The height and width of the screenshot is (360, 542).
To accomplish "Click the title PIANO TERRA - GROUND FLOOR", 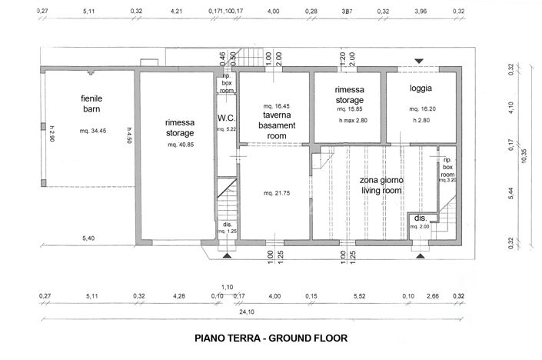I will [x=271, y=337].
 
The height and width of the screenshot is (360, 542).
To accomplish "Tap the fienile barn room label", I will [x=91, y=104].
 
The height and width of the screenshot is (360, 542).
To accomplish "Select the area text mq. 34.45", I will [x=92, y=131].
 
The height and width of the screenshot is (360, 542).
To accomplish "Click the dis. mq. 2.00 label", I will [x=419, y=222].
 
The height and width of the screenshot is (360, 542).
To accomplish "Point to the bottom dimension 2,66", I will [x=434, y=295].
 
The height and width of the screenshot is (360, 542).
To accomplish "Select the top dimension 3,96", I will [x=421, y=12].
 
